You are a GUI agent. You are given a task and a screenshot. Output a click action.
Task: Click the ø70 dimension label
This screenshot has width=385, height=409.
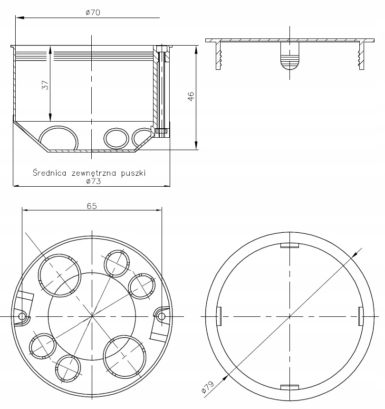pos(93,13)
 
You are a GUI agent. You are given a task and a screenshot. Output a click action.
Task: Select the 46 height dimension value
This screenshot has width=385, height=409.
pos(191,97)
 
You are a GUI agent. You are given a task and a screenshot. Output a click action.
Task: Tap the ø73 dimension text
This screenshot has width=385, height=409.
pos(93,181)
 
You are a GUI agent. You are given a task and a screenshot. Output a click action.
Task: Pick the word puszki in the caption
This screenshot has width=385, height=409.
pos(134,173)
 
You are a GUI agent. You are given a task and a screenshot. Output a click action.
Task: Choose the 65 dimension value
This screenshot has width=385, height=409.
pos(92,206)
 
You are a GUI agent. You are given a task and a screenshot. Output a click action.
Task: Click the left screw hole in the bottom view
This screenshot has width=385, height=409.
pos(22,316)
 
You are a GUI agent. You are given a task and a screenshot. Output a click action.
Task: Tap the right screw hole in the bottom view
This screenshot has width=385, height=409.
pos(162,316)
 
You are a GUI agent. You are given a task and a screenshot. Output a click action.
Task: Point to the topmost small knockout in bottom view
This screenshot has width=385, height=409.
pos(116,262)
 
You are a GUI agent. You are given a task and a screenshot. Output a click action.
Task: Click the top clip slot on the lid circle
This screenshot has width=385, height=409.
pos(289,245)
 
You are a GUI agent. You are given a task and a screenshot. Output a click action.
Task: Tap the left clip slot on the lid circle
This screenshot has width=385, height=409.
pos(219,316)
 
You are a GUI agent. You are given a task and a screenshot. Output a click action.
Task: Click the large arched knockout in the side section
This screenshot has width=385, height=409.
pos(59,138)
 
